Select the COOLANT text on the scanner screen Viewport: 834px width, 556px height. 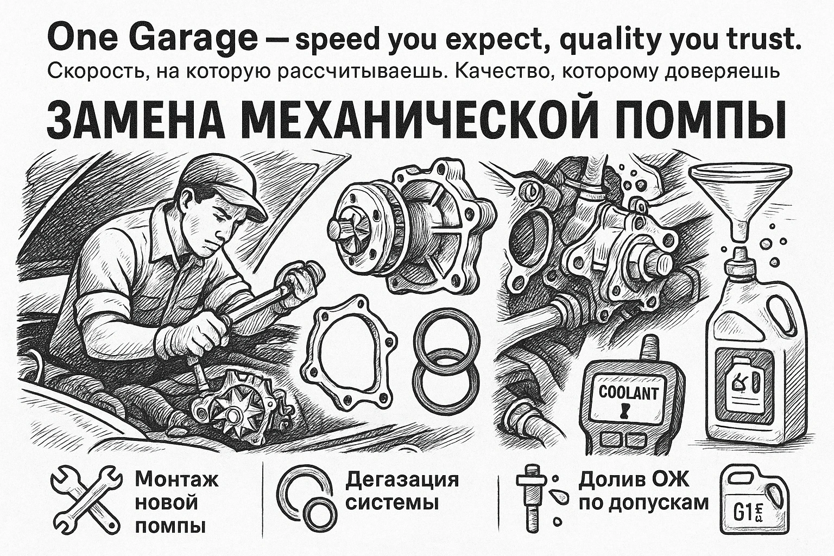(x=628, y=393)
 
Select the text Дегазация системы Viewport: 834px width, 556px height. (x=402, y=491)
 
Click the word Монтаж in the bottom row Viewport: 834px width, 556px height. (x=176, y=479)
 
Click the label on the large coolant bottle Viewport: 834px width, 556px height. (x=744, y=386)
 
